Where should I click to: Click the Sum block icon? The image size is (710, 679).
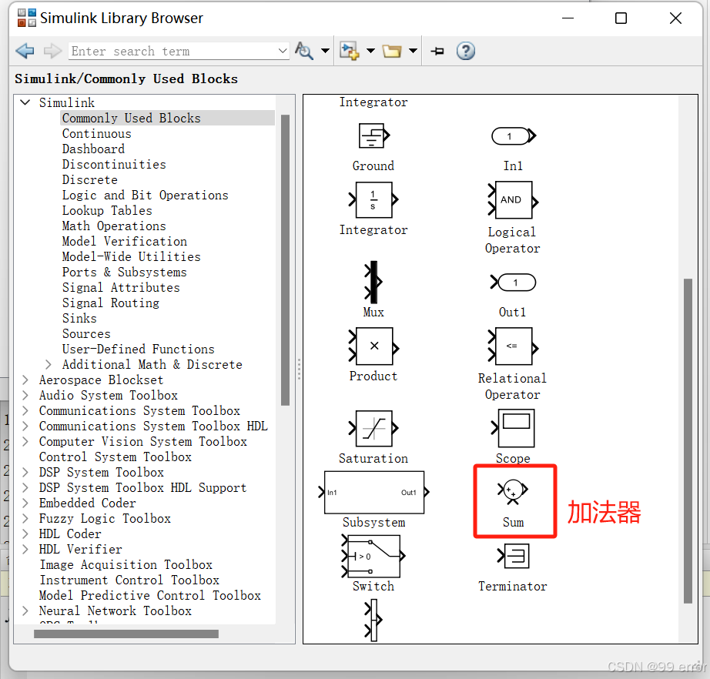point(513,490)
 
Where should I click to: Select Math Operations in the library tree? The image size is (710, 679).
point(114,226)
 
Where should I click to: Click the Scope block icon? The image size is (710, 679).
point(514,428)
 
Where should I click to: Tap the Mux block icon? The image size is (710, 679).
point(373,282)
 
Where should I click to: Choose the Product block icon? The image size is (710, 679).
point(374,346)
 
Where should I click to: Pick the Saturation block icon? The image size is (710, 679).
point(374,428)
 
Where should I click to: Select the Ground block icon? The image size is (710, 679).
point(374,135)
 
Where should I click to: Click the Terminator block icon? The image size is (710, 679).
point(514,556)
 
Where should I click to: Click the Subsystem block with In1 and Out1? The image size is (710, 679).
point(374,493)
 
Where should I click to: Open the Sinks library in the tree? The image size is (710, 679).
point(79,318)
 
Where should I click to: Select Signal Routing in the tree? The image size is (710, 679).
point(111,303)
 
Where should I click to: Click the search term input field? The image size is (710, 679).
point(174,51)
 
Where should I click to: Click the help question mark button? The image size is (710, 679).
point(465,51)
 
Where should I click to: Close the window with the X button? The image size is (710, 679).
point(675,18)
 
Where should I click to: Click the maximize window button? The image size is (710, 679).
point(621,18)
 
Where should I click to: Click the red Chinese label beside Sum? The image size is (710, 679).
point(604,513)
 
